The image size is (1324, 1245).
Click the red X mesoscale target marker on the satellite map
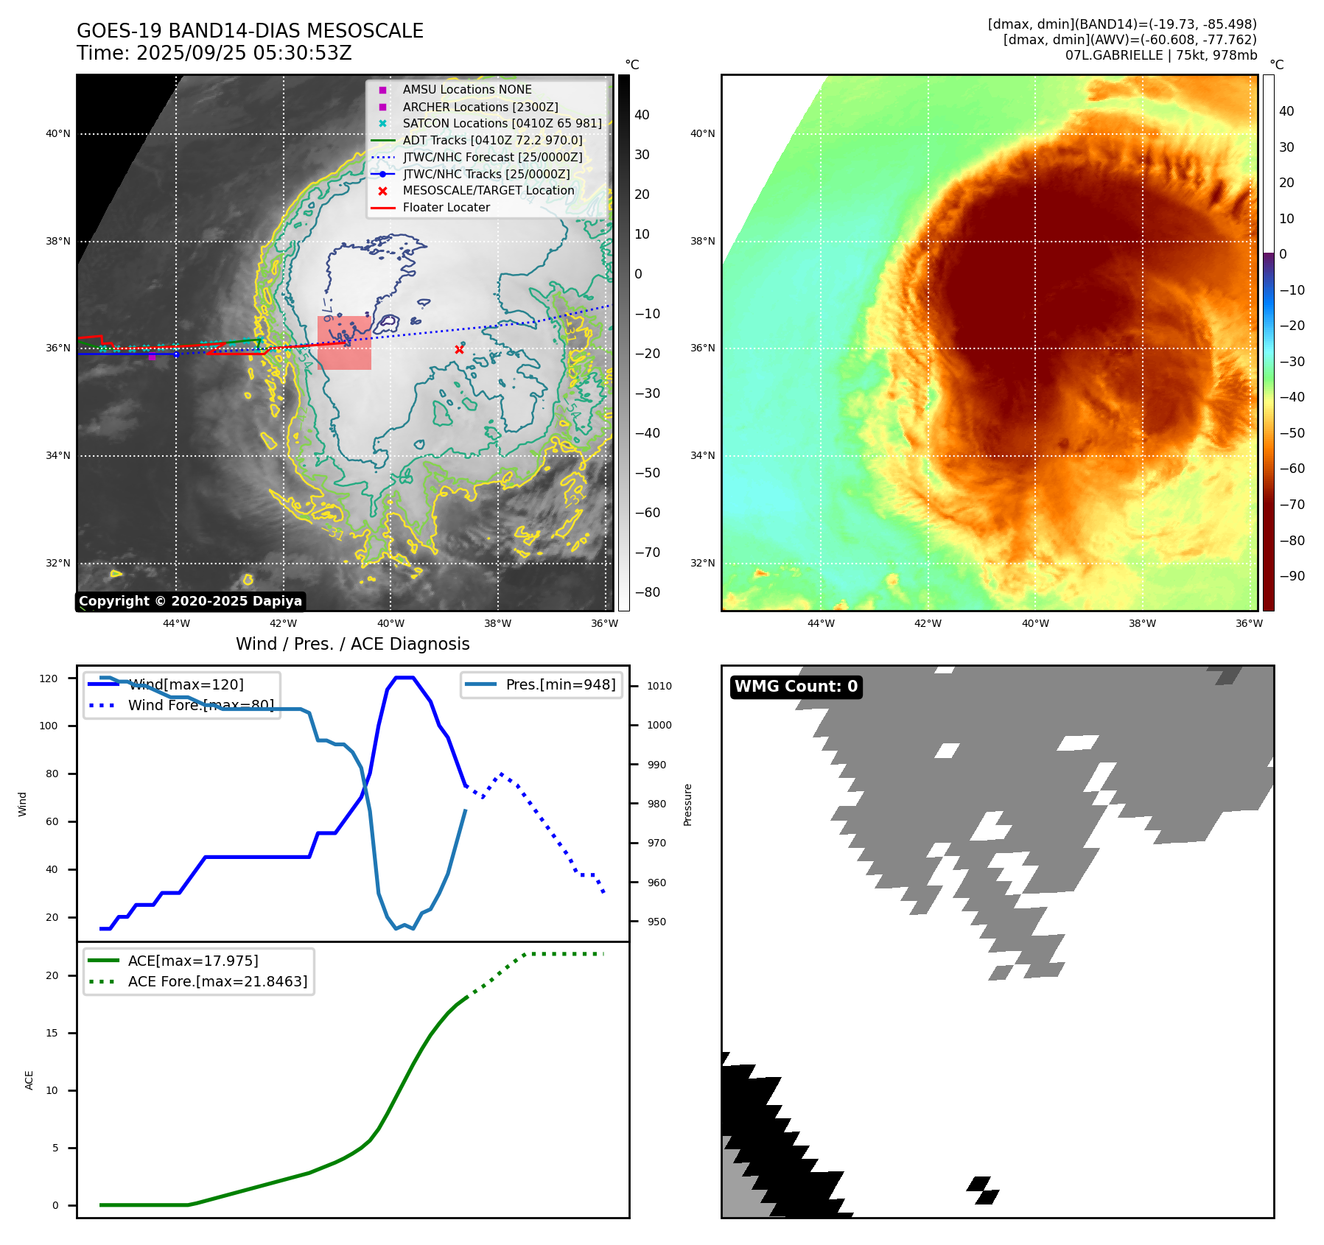tap(459, 350)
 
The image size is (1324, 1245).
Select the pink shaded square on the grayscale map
tap(344, 343)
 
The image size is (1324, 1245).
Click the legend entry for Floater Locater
tap(446, 208)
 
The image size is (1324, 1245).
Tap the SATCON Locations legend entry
tap(501, 124)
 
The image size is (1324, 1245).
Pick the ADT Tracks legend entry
tap(491, 141)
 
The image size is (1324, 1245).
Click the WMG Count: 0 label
tap(796, 687)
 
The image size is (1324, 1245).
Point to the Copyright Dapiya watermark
tap(190, 601)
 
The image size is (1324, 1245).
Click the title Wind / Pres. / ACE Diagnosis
tap(352, 644)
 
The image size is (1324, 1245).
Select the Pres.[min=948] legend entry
tap(560, 685)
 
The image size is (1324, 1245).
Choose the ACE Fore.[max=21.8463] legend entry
tap(217, 981)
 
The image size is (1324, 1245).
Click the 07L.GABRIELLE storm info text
tap(1160, 55)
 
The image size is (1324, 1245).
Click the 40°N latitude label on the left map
tap(58, 134)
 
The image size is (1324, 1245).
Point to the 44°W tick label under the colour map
tap(821, 623)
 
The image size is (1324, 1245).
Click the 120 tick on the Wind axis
tap(49, 678)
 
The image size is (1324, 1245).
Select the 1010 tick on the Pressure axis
tap(659, 686)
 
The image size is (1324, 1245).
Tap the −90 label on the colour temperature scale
tap(1292, 576)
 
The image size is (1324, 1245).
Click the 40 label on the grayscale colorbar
tap(642, 115)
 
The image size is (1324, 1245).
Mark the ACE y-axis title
tap(29, 1080)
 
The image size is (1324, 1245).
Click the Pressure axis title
tap(687, 804)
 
